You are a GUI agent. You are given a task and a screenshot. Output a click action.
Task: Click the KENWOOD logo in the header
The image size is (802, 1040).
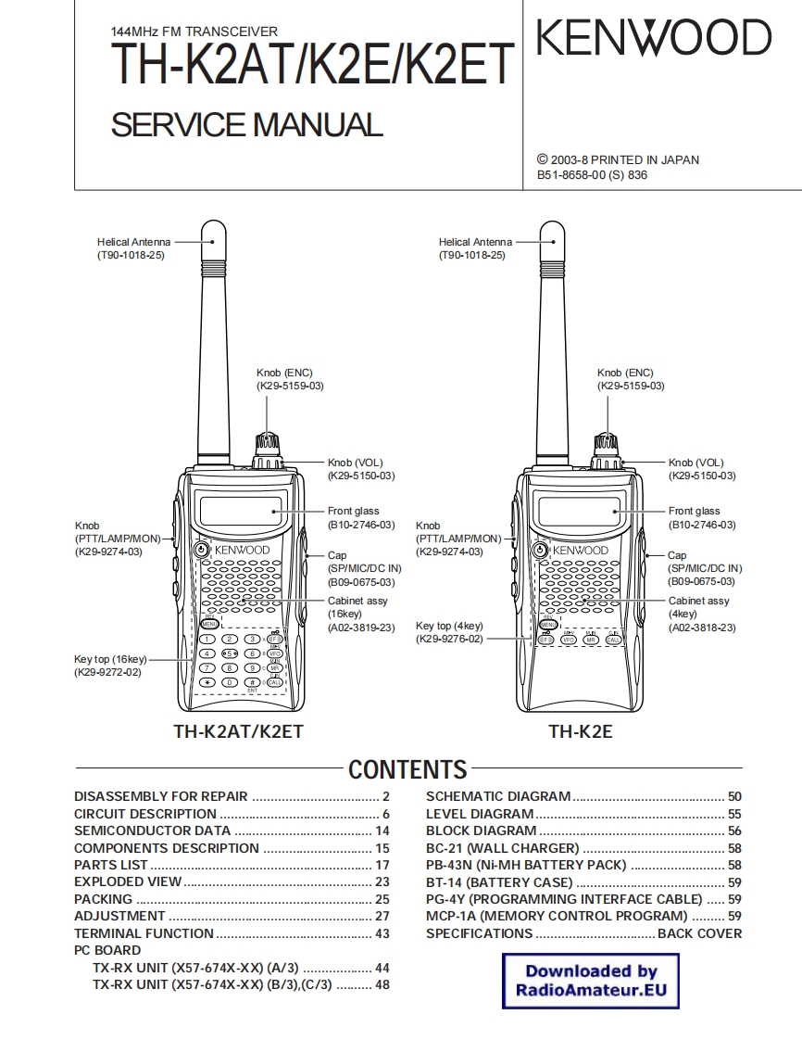pos(654,39)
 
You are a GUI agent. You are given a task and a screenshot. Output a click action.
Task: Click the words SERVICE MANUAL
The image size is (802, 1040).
pos(246,124)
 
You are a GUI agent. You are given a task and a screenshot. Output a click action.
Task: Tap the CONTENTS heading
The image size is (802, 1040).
pos(407,769)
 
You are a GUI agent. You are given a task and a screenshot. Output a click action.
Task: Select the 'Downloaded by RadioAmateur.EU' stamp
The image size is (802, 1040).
pos(591,981)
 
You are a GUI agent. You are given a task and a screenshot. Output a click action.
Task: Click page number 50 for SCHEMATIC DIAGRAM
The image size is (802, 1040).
pos(734,796)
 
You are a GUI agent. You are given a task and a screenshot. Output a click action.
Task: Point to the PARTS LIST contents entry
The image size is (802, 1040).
pos(111,865)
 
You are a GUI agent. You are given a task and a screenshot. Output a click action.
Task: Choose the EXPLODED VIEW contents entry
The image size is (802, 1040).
pos(128,881)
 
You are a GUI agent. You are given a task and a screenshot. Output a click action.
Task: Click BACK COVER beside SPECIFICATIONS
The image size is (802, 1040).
pos(699,933)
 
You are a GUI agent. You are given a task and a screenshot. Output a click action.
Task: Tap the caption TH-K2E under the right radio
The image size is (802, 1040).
pos(580,731)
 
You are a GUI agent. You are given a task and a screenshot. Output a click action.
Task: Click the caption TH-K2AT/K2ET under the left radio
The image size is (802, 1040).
pos(238,731)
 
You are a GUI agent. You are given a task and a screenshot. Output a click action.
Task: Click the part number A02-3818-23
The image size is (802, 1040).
pos(702,628)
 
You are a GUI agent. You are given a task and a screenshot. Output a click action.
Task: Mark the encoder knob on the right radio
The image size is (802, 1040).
pos(608,443)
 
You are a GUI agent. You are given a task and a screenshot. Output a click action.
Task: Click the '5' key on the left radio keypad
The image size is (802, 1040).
pos(229,653)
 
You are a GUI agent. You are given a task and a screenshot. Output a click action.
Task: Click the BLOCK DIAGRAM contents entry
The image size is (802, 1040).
pos(482,831)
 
